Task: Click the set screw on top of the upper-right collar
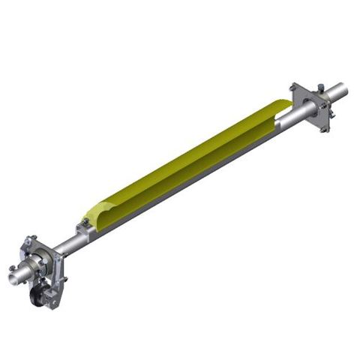click(320, 88)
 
